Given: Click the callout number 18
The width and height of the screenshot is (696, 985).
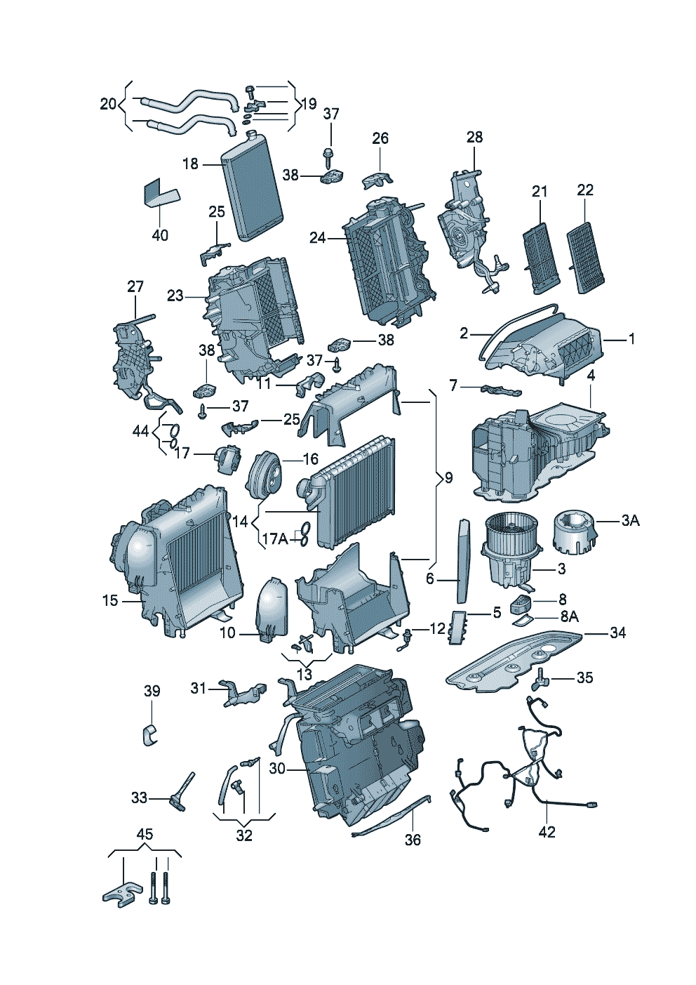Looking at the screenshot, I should (190, 164).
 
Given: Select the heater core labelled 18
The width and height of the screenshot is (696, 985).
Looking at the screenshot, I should (252, 186).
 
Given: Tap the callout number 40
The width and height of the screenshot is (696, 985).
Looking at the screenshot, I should (160, 235).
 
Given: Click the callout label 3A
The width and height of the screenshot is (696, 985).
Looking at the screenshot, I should (630, 520).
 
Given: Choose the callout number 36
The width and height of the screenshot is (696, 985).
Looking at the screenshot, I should (413, 839).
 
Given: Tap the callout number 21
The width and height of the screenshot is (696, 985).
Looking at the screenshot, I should (539, 191).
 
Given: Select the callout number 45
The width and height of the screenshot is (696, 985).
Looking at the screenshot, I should (144, 834).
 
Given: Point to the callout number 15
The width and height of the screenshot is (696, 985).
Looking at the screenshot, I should (110, 600).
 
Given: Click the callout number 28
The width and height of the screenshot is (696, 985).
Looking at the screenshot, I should (475, 137).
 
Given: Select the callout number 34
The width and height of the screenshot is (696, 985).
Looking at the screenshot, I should (617, 633).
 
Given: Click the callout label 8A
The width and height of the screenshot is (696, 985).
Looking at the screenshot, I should (569, 616).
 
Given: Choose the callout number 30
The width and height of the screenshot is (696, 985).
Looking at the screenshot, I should (277, 769).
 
